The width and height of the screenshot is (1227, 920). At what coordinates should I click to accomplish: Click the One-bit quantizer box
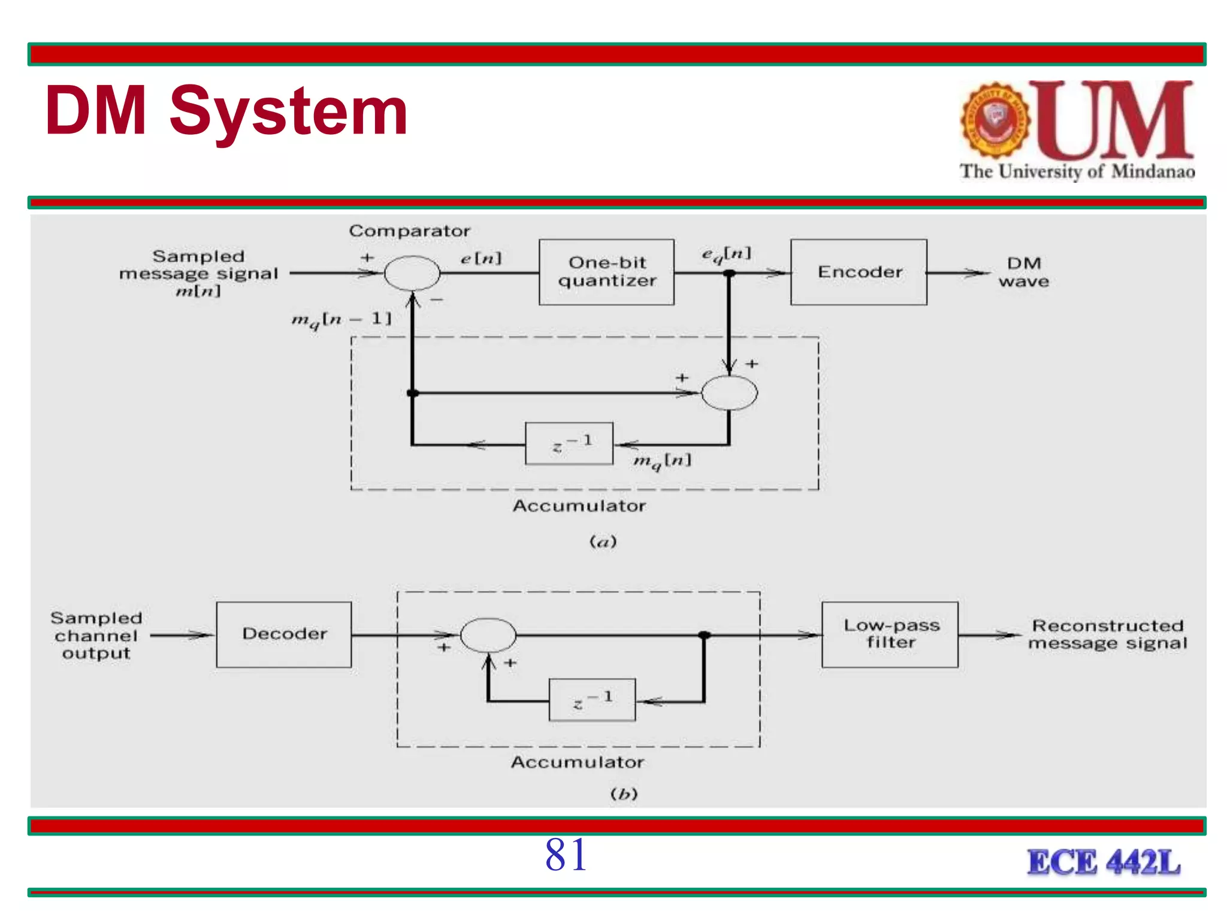(x=606, y=272)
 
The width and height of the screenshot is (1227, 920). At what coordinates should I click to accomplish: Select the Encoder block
(x=859, y=272)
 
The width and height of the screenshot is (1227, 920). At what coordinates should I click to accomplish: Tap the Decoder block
(x=284, y=634)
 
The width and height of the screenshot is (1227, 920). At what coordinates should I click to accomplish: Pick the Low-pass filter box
(x=890, y=634)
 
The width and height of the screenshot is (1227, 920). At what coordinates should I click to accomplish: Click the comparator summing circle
(x=412, y=273)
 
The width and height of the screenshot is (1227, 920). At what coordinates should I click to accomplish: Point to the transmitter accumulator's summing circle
(x=729, y=393)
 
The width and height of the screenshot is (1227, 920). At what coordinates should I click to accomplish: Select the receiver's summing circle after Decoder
(x=488, y=635)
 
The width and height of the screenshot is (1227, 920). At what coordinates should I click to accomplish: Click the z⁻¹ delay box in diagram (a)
(x=569, y=444)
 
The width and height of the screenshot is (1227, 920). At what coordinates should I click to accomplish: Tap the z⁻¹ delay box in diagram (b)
(x=592, y=700)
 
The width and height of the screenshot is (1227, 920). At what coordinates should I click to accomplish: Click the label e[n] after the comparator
(x=481, y=258)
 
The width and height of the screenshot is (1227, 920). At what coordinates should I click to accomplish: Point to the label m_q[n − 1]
(x=341, y=319)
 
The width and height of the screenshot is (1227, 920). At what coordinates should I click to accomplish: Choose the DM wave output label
(x=1023, y=272)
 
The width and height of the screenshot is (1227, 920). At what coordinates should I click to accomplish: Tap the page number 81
(x=566, y=855)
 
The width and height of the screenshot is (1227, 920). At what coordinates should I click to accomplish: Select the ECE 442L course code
(x=1104, y=862)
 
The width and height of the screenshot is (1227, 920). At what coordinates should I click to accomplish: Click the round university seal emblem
(x=995, y=120)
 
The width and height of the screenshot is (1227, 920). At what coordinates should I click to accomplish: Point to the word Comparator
(x=410, y=231)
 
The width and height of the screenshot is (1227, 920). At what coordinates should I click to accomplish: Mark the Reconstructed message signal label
(x=1107, y=634)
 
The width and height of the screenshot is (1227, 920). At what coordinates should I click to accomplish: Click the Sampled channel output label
(x=96, y=635)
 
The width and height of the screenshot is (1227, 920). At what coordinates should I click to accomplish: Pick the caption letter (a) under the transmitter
(x=603, y=542)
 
